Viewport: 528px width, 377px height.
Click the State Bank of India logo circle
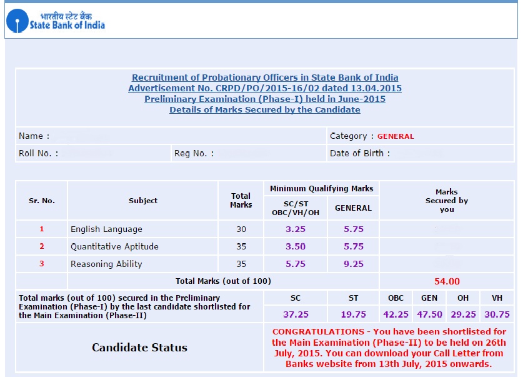[17, 21]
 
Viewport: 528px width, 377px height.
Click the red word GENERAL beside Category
[396, 136]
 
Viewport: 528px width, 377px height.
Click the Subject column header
[143, 201]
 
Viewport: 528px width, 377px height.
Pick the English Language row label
[106, 229]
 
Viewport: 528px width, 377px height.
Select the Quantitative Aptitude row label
[114, 246]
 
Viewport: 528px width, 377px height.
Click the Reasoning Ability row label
[106, 264]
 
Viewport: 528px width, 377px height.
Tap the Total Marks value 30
[241, 229]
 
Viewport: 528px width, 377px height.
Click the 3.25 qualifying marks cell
[296, 229]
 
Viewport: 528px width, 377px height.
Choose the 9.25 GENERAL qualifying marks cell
[354, 264]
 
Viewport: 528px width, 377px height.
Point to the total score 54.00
[447, 281]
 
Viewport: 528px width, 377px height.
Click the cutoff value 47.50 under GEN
[429, 314]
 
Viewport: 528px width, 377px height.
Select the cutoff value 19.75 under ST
[353, 314]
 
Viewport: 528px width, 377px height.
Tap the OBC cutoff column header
[396, 298]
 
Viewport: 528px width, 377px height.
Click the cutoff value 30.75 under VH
[497, 314]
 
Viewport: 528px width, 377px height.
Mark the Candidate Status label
[139, 348]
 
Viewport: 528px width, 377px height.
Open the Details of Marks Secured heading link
[264, 109]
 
